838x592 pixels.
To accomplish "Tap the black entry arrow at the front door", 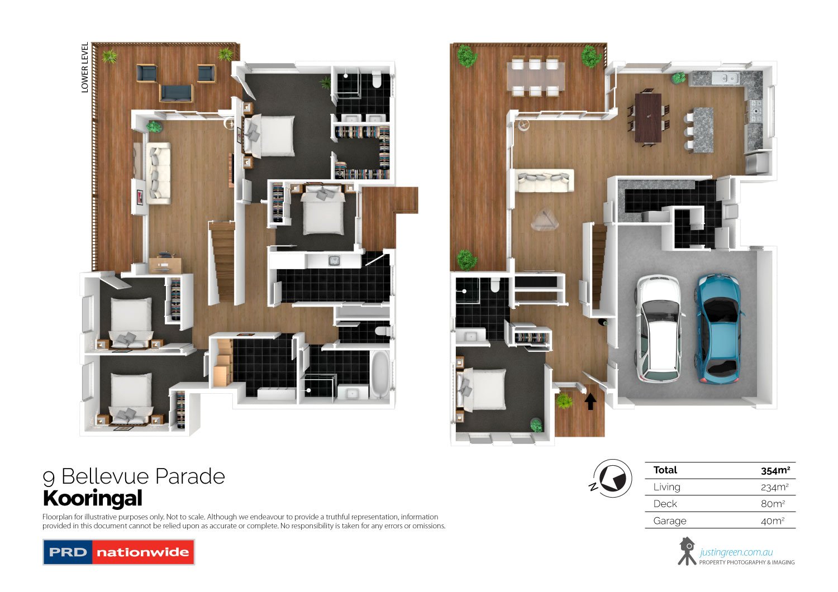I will [591, 401].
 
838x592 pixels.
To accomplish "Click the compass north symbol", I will [612, 479].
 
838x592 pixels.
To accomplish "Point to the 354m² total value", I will [775, 470].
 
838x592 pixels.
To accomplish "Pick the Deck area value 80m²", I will [774, 504].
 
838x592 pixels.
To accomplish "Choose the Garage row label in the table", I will [669, 521].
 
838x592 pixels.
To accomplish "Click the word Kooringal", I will [93, 498].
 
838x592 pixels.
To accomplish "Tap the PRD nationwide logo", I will [118, 552].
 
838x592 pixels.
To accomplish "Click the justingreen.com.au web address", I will [736, 553].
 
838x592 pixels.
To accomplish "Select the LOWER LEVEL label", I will [85, 68].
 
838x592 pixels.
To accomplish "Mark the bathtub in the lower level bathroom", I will [380, 374].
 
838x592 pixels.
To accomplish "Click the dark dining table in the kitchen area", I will [648, 117].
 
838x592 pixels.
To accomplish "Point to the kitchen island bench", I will [703, 130].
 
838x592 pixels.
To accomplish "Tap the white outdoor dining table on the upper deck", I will [535, 77].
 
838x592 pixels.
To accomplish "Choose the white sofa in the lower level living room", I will [158, 172].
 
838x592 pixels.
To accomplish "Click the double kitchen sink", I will [725, 78].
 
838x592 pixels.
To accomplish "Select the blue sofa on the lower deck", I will [177, 92].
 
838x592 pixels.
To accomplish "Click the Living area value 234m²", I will [774, 487].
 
